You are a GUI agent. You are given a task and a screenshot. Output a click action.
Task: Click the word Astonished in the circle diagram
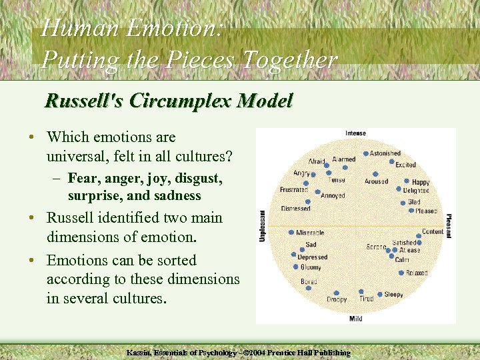point(385,153)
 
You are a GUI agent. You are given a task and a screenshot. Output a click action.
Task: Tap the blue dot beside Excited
point(391,161)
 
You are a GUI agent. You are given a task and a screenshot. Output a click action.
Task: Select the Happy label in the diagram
point(421,182)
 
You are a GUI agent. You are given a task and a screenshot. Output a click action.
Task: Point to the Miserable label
point(310,233)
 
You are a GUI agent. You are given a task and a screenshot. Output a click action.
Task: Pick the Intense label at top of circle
point(355,133)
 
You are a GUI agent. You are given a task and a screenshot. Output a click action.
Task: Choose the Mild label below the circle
point(356,319)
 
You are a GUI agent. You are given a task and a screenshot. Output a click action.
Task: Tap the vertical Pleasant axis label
point(449,227)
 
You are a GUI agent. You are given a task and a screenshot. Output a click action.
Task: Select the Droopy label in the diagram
point(337,300)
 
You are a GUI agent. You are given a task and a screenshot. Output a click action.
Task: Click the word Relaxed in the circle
point(417,273)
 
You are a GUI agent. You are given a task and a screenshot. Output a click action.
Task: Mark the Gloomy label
point(310,267)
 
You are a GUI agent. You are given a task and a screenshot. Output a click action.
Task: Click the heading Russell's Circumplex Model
point(168,101)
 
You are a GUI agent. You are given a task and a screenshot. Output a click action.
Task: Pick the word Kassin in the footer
point(141,352)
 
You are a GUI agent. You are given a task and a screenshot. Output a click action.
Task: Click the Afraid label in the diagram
point(317,161)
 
